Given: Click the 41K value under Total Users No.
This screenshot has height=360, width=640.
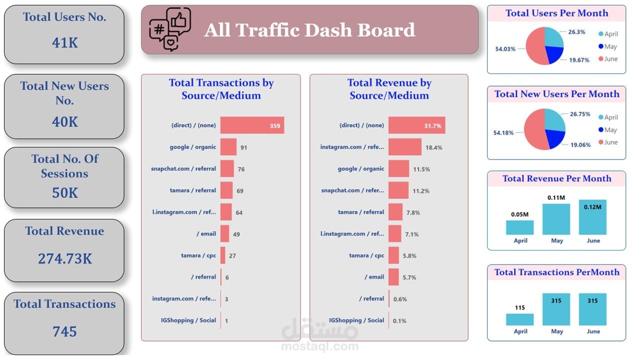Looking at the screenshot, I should (64, 43).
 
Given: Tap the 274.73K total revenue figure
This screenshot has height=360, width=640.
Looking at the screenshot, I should (64, 258).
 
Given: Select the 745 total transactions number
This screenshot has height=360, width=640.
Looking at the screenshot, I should (64, 331).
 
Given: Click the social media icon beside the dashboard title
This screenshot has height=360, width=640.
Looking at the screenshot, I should (170, 29).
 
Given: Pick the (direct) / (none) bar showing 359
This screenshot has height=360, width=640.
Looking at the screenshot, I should (252, 125).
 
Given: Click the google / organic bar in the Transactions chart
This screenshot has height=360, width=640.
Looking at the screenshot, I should (228, 147).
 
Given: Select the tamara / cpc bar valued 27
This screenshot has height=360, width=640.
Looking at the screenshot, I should (223, 255).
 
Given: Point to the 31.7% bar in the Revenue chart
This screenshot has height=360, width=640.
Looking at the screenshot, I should (416, 125).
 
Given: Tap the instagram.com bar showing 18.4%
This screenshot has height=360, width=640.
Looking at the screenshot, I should (404, 147).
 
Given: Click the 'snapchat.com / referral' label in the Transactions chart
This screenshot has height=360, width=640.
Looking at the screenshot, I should (183, 168).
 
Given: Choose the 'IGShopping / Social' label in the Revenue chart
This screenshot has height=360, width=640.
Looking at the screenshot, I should (356, 320).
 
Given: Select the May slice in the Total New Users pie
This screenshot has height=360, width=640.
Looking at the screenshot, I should (553, 138).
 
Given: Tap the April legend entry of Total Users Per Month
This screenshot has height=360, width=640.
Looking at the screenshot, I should (608, 34).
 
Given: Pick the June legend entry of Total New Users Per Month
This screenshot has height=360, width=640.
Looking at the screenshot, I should (608, 142).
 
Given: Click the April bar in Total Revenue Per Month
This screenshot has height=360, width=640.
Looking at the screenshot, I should (519, 227).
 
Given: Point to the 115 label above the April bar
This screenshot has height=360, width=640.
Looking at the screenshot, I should (520, 307).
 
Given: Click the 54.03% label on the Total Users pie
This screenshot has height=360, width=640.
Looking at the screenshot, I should (505, 49).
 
